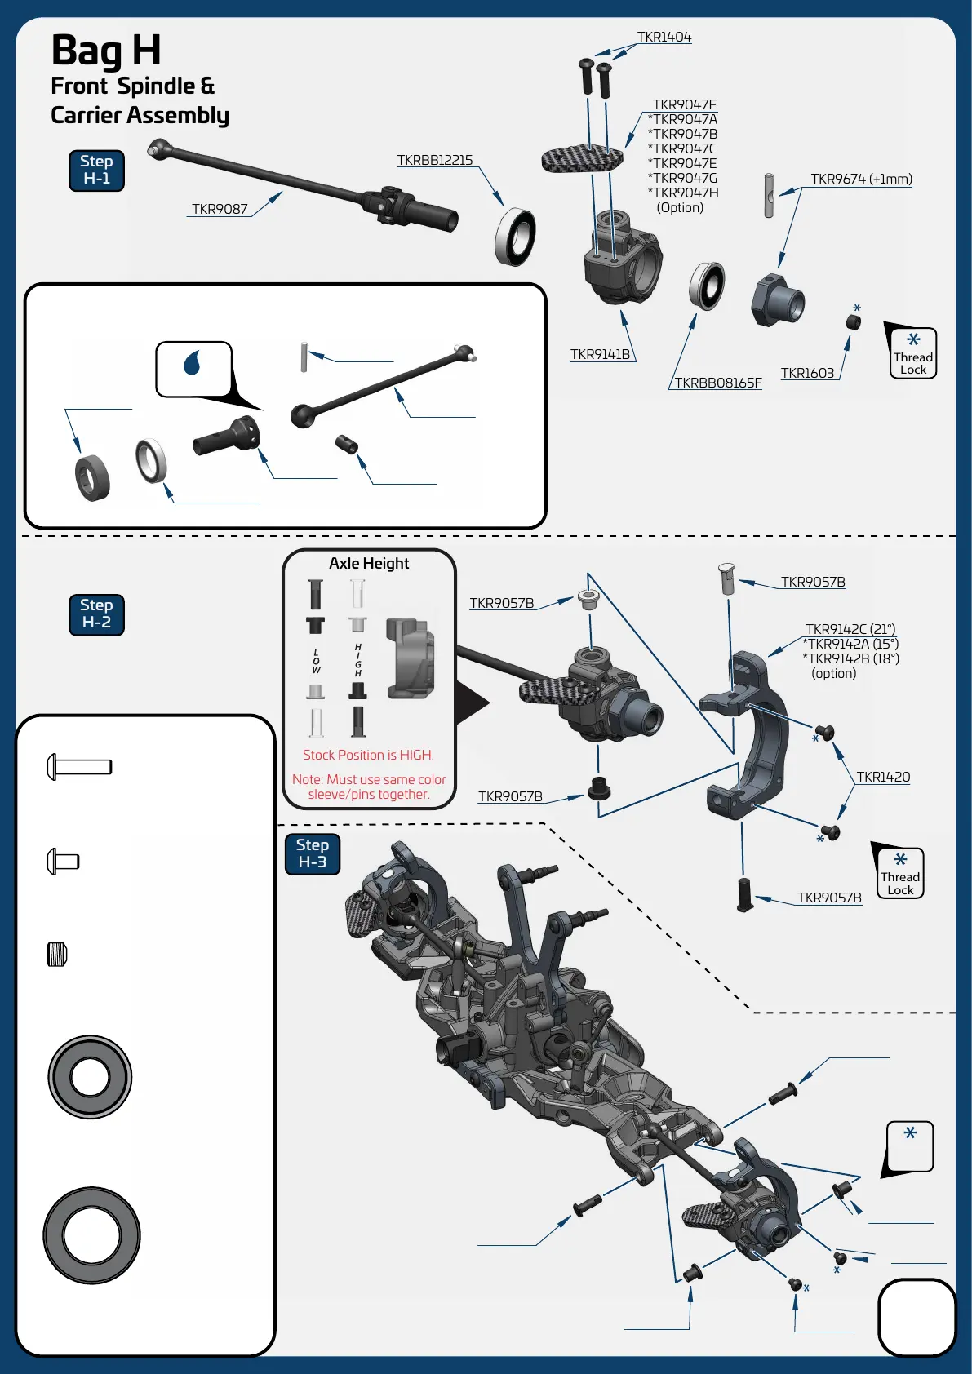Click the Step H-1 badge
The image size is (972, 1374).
96,171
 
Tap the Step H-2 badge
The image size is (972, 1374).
96,614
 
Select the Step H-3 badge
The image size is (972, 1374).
312,853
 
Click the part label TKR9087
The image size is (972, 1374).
220,209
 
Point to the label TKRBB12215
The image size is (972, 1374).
434,161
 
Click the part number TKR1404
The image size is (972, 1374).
664,38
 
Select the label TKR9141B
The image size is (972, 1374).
600,354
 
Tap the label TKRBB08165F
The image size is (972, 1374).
717,383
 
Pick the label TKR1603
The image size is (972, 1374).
807,373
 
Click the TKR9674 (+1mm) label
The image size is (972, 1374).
861,179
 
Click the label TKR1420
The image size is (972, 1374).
883,777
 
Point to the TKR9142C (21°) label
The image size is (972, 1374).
850,629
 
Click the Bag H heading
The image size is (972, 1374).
106,51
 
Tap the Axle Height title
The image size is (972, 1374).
369,564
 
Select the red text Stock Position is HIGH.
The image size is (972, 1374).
368,755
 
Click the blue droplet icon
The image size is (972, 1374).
193,362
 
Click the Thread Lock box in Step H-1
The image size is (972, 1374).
912,353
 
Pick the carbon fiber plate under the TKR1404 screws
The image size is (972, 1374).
581,158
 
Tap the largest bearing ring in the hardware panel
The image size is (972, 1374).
91,1235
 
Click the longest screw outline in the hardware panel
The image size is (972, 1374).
79,767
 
